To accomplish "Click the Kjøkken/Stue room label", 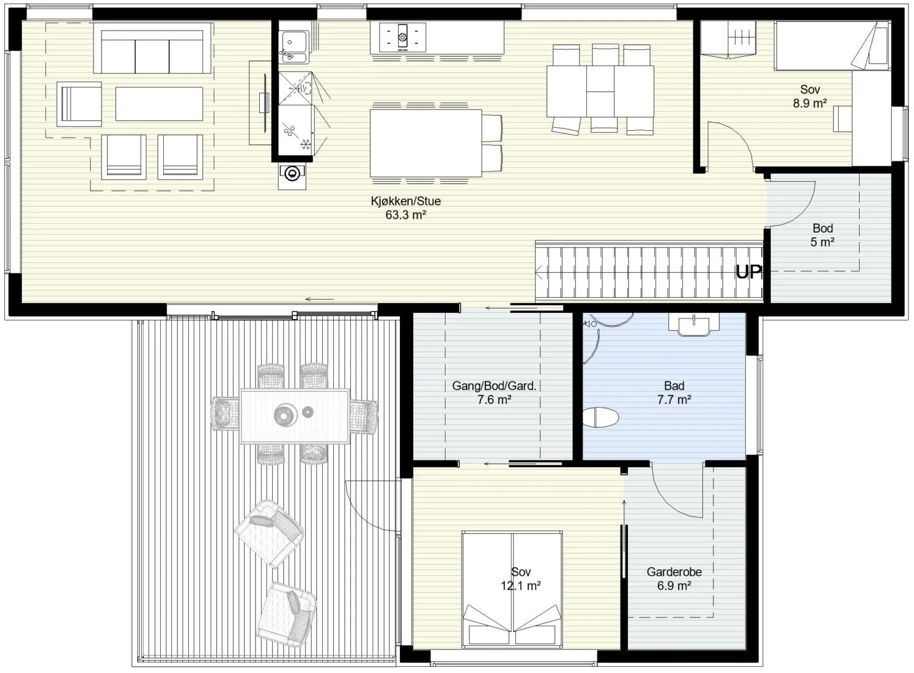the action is [x=406, y=201].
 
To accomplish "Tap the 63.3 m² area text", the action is [x=406, y=215].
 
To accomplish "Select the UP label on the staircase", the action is [x=749, y=272].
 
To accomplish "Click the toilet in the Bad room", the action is [x=601, y=417].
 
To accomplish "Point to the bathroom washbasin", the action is [x=693, y=325].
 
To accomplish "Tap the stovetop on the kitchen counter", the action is [x=402, y=37].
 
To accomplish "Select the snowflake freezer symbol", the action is [x=305, y=144].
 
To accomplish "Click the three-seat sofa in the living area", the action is [x=153, y=48].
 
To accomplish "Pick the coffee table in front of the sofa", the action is [x=159, y=103].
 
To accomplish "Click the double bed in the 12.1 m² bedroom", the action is [x=512, y=589].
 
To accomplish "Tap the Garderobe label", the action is [x=674, y=572].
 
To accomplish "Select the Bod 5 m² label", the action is [x=822, y=235].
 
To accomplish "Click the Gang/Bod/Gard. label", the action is [x=494, y=386].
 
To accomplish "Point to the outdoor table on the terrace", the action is [x=294, y=416].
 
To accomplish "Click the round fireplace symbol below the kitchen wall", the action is [x=292, y=174].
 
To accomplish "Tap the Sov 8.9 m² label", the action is [x=810, y=97].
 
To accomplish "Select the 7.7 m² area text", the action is [x=674, y=399].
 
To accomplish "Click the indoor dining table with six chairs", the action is [x=600, y=90].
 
